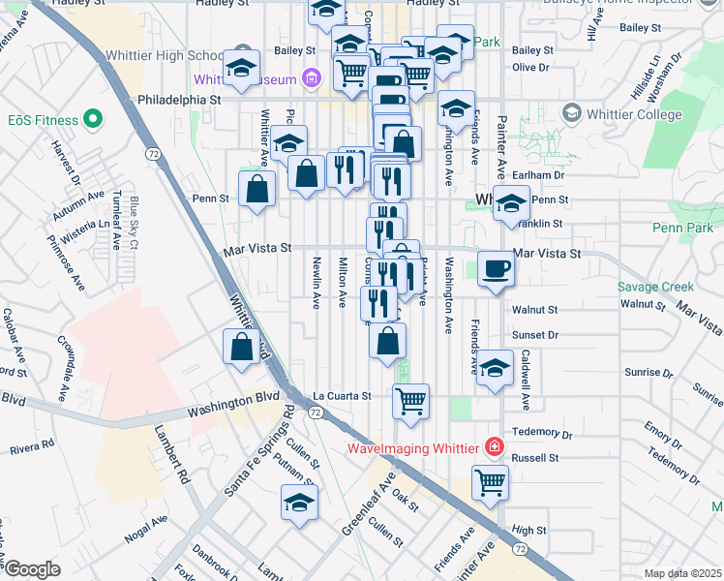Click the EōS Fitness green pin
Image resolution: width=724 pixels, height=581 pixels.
tap(93, 120)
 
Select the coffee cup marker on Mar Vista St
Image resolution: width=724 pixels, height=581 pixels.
tap(497, 269)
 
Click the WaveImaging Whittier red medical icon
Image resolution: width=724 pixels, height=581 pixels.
tap(495, 447)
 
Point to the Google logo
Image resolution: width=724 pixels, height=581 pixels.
tap(32, 569)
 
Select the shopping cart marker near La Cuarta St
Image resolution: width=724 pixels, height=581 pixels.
tap(410, 400)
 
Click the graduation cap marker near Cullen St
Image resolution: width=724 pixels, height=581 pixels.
tap(299, 503)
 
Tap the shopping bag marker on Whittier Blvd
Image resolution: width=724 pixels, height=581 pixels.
tap(241, 347)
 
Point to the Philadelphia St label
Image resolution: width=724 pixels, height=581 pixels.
tap(180, 99)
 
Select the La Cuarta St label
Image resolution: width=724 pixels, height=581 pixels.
tap(342, 396)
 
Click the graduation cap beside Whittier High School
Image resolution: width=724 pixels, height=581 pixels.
tap(239, 69)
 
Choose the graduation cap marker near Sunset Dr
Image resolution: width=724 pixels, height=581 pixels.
tap(494, 369)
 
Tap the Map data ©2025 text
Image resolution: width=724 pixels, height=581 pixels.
tap(682, 573)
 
